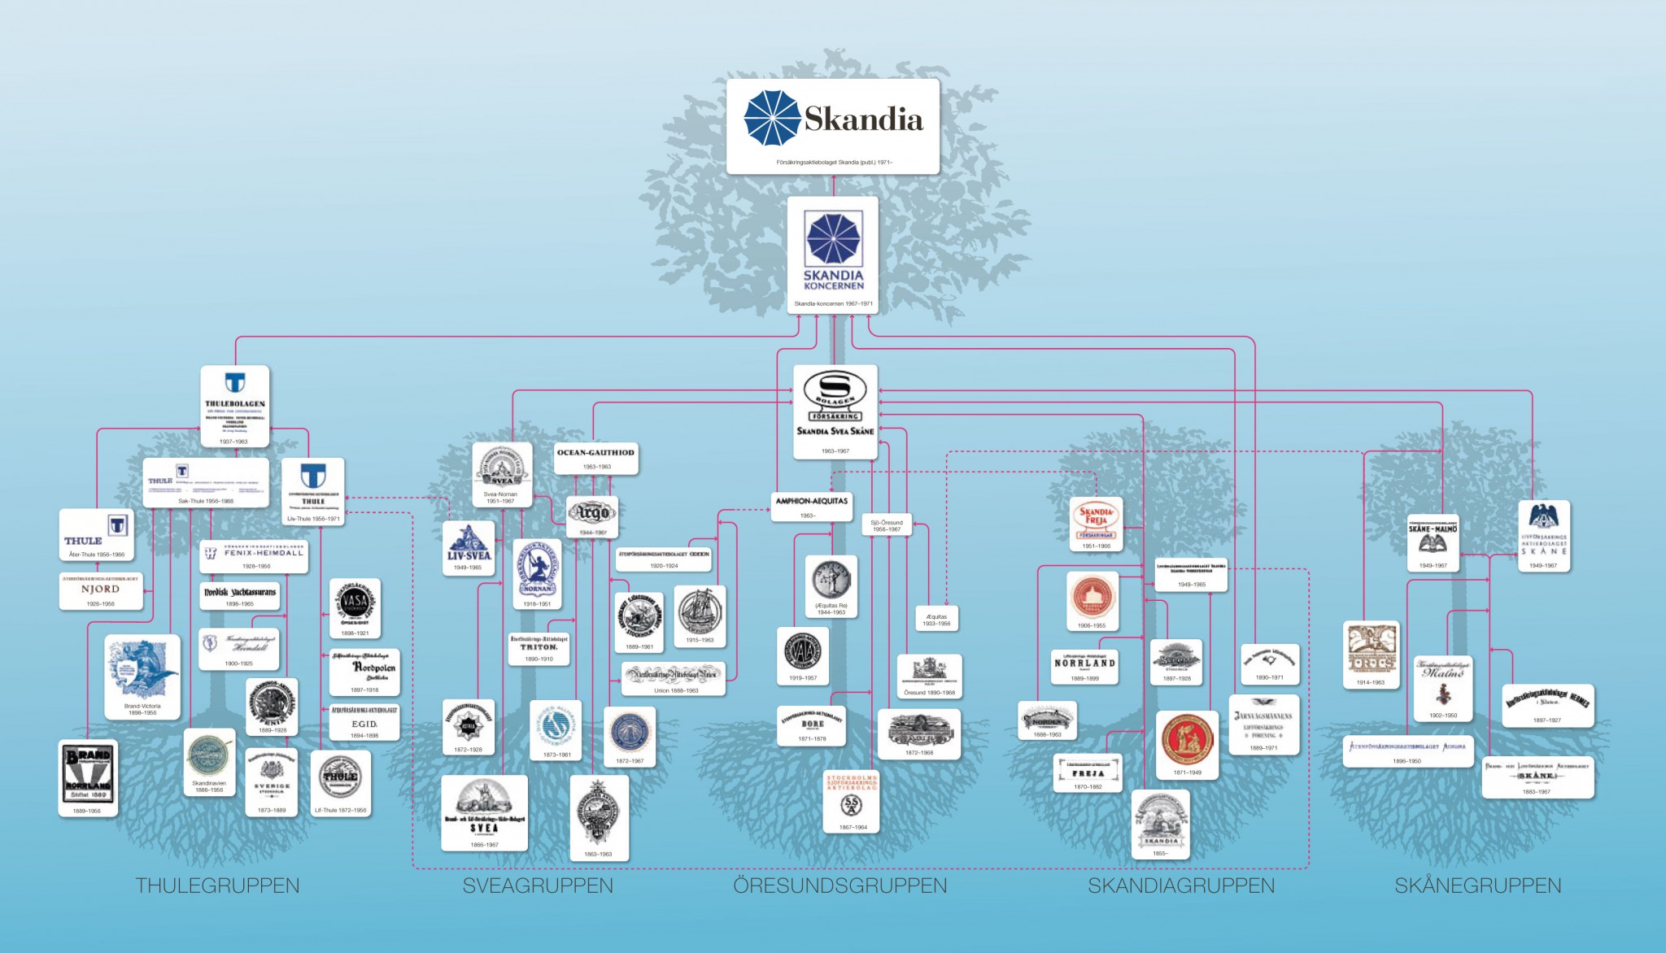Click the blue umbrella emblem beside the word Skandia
point(773,119)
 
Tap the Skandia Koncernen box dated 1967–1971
point(833,255)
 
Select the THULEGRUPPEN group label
point(217,886)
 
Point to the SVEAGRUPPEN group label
point(538,886)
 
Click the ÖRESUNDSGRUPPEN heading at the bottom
point(840,886)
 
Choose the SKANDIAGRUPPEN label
point(1181,886)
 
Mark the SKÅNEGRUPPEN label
point(1478,886)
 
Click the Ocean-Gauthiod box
point(595,457)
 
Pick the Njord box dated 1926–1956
point(101,591)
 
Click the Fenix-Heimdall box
point(254,556)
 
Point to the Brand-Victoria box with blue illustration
point(142,677)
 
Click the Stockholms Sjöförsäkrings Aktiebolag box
point(852,801)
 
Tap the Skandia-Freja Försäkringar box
point(1096,524)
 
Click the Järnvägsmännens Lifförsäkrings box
point(1263,724)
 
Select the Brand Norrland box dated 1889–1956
point(88,777)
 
